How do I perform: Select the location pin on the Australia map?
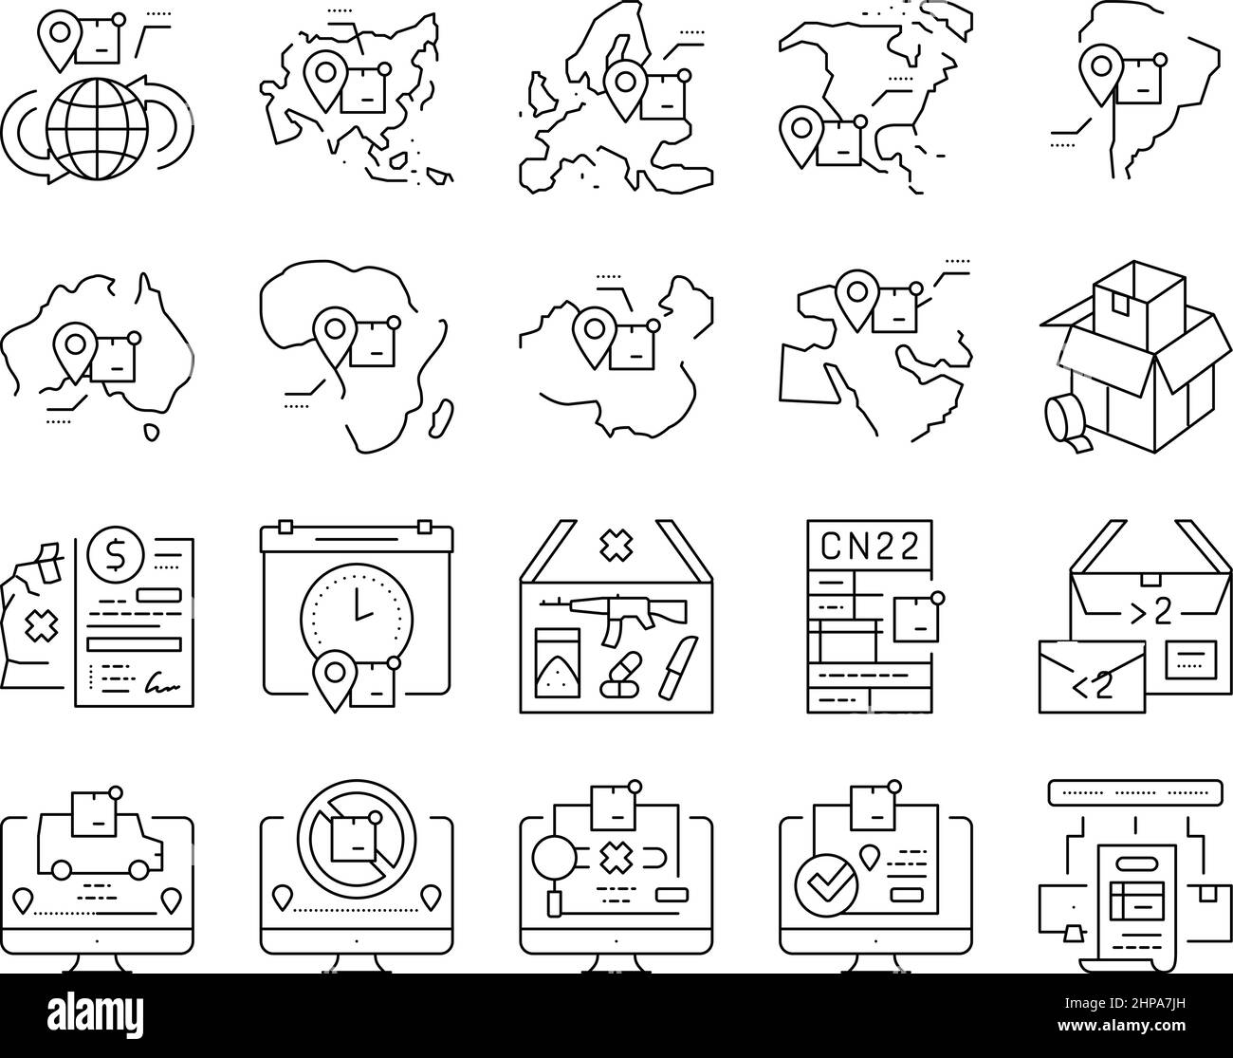[x=75, y=345]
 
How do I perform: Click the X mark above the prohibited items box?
[x=615, y=544]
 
